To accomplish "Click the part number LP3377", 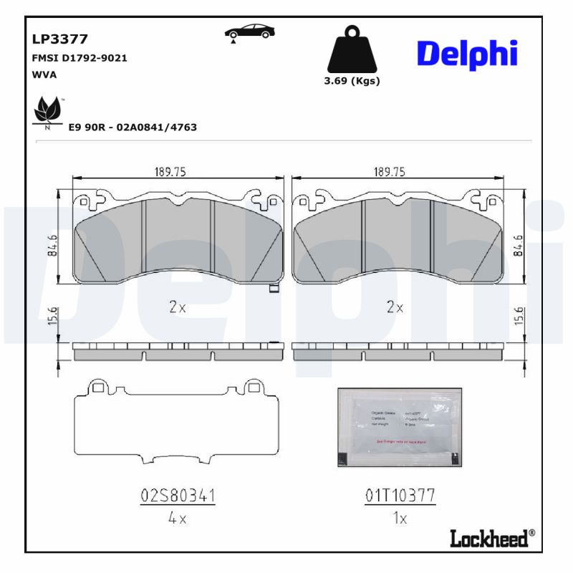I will (59, 39).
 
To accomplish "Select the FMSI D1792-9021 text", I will (80, 58).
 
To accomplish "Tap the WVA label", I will (44, 74).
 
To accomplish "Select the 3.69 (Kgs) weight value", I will (352, 81).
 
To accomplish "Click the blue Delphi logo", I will (466, 54).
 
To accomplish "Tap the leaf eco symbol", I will (47, 112).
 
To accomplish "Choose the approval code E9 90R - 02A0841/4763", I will (133, 127).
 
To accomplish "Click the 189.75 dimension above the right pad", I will (390, 172).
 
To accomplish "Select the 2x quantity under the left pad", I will (178, 307).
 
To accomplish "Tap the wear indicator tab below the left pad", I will (272, 289).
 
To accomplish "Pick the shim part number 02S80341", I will (178, 496).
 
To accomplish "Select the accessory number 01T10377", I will (400, 496).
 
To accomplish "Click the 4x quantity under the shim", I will (177, 519).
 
